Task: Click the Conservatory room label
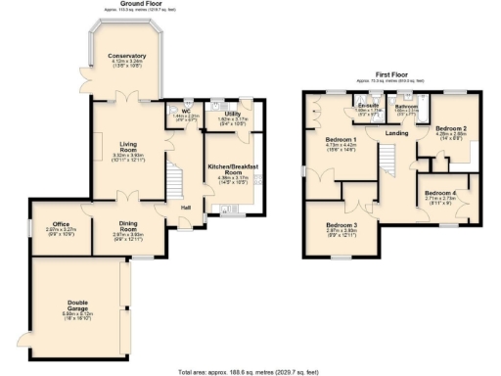click(127, 57)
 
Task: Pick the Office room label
click(62, 223)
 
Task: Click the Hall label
click(185, 207)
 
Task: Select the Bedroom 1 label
click(341, 140)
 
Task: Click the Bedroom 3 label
click(341, 225)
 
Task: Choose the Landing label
click(396, 134)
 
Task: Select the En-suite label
click(368, 105)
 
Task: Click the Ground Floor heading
click(141, 4)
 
